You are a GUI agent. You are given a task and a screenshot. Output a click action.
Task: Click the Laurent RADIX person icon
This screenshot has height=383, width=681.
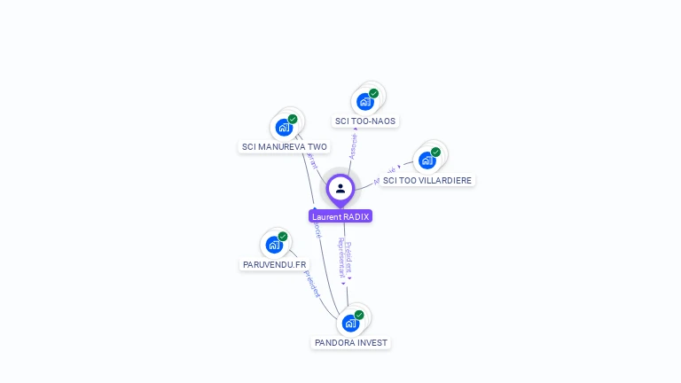coord(340,188)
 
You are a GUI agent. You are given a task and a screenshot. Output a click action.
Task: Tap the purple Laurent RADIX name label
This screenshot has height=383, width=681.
coord(340,216)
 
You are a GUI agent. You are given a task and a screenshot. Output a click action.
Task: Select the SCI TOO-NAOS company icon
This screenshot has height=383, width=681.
coord(365,101)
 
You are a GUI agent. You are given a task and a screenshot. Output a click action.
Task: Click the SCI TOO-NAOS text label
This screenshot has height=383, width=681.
coord(365,121)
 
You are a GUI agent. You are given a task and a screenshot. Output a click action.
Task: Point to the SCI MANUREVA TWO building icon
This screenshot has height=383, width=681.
coord(284,127)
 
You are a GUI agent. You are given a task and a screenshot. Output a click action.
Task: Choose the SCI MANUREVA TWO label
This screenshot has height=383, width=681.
coord(285,147)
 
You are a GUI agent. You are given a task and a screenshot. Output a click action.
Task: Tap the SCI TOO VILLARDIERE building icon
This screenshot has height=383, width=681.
coord(427,160)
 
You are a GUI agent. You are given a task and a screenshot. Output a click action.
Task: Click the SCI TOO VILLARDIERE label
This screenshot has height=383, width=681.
coord(427,180)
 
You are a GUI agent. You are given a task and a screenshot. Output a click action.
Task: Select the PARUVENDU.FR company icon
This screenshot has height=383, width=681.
coord(274,245)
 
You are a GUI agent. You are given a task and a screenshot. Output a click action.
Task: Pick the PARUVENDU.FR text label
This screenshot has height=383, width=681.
coord(275,264)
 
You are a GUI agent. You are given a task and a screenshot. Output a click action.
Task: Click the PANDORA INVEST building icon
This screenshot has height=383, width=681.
coord(350,323)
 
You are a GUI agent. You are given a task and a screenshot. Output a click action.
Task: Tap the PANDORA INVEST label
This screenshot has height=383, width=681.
coord(351,342)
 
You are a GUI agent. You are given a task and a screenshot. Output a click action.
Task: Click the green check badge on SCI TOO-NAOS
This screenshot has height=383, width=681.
coord(374,93)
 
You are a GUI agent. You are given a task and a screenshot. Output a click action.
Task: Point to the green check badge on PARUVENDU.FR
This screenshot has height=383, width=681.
coord(283,237)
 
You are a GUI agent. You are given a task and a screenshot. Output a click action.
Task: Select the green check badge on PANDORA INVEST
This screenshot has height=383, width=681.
coord(359,315)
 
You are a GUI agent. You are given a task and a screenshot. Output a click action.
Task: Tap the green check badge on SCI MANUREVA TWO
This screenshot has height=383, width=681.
coord(293,119)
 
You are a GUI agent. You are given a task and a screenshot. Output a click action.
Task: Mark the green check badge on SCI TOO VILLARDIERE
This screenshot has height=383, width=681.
coord(436,152)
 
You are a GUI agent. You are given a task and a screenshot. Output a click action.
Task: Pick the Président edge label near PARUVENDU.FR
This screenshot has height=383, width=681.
coord(310,283)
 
